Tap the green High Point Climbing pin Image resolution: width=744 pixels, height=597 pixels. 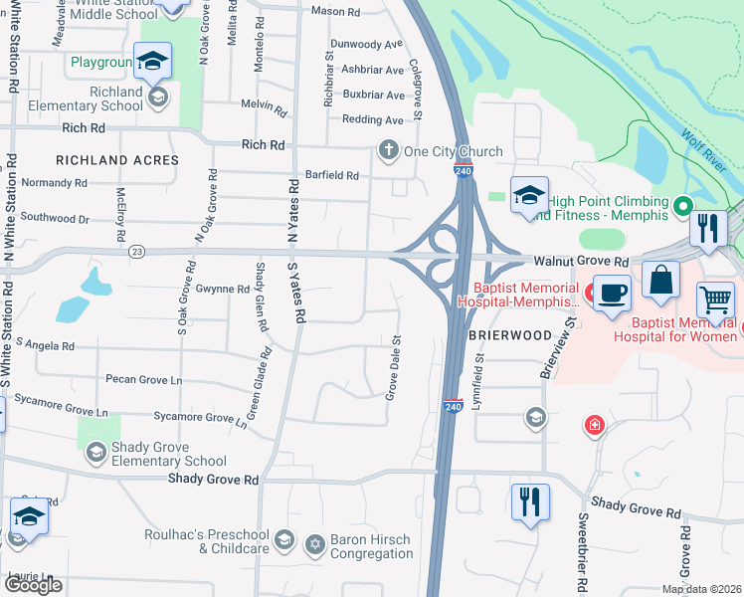[682, 207]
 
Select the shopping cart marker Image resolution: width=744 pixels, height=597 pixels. [716, 298]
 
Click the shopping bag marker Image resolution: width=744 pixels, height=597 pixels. [661, 281]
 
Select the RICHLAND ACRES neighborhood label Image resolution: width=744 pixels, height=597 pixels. [117, 160]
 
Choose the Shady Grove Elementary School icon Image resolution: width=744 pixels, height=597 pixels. [95, 454]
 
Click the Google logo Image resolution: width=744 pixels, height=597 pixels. [33, 585]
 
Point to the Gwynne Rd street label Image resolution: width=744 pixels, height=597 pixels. [222, 290]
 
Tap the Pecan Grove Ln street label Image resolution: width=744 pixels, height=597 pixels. [144, 380]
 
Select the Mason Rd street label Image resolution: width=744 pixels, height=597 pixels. [335, 12]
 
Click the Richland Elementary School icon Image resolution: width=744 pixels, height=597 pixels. [157, 98]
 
